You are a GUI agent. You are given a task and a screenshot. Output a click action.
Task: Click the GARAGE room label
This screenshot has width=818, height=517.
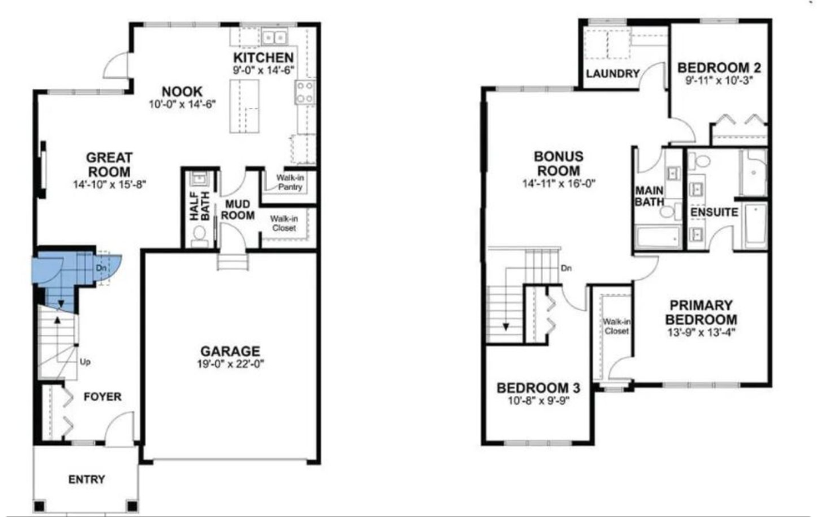(230, 351)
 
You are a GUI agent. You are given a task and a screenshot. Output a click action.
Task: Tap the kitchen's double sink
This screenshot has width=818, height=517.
(274, 38)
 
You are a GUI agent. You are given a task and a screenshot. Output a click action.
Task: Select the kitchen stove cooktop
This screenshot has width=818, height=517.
(305, 92)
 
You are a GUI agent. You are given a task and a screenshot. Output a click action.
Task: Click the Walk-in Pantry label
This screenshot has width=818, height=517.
(290, 183)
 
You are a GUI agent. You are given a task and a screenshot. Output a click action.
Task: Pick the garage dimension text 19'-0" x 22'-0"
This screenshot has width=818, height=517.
(230, 364)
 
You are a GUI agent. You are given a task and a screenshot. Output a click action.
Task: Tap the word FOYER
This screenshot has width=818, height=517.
(102, 397)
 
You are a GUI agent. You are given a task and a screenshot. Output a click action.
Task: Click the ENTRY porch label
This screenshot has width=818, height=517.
(87, 479)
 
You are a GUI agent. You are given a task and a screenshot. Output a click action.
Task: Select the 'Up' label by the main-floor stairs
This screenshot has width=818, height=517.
(85, 362)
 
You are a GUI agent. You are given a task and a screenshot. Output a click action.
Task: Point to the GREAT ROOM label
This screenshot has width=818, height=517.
(109, 165)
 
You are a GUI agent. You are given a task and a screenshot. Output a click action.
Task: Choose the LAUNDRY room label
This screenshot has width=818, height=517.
(613, 73)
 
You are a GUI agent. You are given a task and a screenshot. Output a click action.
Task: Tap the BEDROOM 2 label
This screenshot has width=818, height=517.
(719, 68)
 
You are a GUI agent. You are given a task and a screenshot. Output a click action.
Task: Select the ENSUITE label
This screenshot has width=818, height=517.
(714, 212)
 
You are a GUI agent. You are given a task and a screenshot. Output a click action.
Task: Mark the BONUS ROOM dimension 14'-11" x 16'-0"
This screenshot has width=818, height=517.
(559, 183)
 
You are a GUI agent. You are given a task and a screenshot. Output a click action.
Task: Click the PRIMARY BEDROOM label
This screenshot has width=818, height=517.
(701, 312)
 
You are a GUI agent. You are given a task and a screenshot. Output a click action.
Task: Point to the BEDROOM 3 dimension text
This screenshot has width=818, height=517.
(539, 400)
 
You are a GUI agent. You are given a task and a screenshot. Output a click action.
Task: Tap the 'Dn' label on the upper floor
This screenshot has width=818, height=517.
(567, 268)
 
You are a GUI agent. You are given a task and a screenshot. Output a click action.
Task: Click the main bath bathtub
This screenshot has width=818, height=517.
(658, 238)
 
